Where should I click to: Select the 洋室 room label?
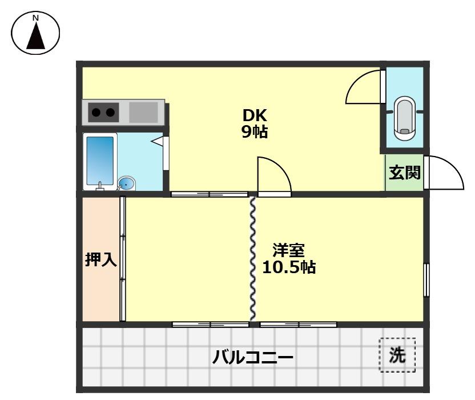[288, 250]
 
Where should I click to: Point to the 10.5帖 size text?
[289, 267]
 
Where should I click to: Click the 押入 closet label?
[100, 260]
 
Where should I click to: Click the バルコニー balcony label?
[253, 358]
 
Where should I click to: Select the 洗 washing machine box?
[397, 355]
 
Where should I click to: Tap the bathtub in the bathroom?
[100, 161]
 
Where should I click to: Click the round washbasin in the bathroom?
[127, 183]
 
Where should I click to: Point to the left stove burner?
[95, 112]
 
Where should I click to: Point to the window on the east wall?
[426, 279]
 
